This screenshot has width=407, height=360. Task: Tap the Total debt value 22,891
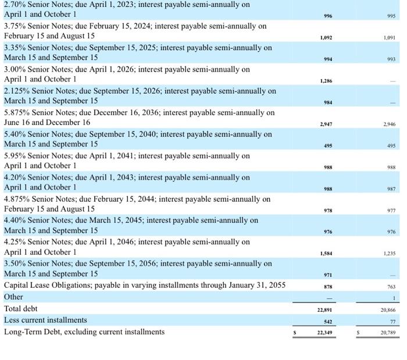[x=326, y=309]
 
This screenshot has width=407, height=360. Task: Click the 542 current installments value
[x=327, y=320]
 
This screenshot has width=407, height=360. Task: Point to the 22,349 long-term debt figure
[x=326, y=332]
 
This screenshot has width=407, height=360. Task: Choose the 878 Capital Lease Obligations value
[x=327, y=286]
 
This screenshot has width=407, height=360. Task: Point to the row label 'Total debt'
[x=21, y=308]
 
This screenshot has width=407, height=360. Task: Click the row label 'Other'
[x=13, y=297]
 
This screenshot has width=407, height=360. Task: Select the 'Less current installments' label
[x=45, y=320]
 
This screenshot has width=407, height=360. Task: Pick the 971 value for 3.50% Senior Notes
[x=327, y=275]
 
